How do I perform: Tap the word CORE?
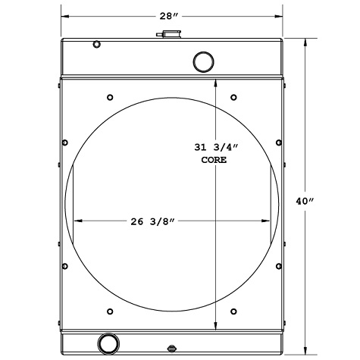214,161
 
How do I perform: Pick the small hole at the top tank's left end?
96,44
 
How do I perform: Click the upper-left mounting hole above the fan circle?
111,97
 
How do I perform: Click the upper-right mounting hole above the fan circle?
233,97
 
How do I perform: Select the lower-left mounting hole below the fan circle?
111,311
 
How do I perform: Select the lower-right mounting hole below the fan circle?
233,311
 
